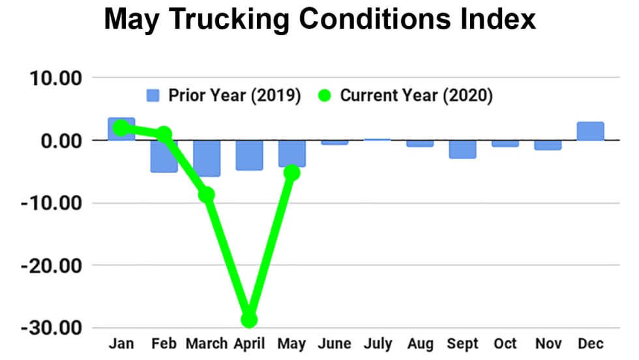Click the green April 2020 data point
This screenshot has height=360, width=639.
[249, 319]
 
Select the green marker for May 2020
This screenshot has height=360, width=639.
[291, 173]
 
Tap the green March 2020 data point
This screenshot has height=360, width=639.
[207, 194]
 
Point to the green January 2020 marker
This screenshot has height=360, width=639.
[121, 128]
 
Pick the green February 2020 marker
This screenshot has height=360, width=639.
[164, 134]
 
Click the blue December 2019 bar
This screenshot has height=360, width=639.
[590, 131]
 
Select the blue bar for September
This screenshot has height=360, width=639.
[462, 149]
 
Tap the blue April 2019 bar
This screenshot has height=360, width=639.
[249, 155]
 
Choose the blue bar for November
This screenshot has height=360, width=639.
[548, 145]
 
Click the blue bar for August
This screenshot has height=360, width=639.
[420, 143]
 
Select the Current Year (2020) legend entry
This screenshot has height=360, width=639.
[408, 96]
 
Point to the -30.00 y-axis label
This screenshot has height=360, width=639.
[53, 328]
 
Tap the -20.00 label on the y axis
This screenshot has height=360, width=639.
[53, 265]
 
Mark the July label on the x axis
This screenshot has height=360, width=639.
[378, 344]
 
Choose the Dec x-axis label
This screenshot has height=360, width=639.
[590, 344]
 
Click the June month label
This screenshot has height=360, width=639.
[334, 344]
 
